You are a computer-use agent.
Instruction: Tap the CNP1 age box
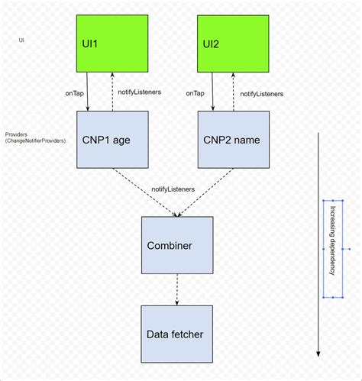pyautogui.click(x=112, y=139)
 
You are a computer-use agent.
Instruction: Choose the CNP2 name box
pyautogui.click(x=233, y=139)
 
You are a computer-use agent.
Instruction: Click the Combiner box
pyautogui.click(x=177, y=246)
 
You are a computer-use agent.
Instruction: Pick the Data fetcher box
pyautogui.click(x=177, y=334)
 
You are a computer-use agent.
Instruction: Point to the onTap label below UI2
pyautogui.click(x=195, y=93)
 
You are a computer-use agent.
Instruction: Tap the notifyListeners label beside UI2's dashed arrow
pyautogui.click(x=262, y=93)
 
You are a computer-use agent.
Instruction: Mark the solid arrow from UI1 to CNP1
pyautogui.click(x=89, y=90)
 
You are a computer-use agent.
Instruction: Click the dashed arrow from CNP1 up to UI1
pyautogui.click(x=112, y=90)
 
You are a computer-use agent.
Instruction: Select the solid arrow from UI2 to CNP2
pyautogui.click(x=213, y=90)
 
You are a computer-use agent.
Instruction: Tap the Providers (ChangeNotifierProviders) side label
pyautogui.click(x=35, y=137)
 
